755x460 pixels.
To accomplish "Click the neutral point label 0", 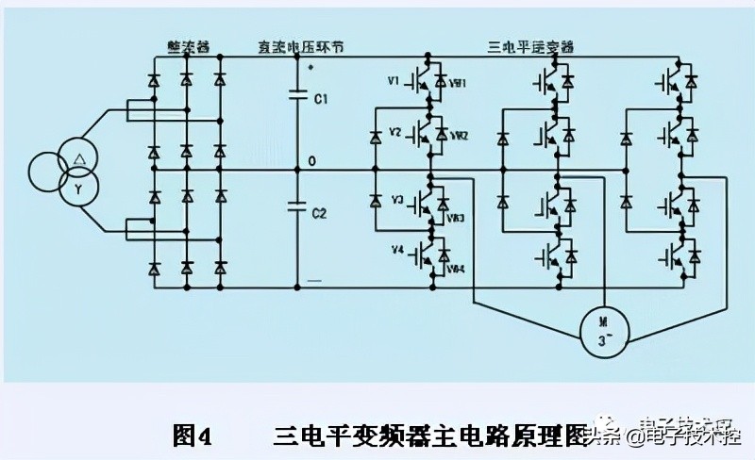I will point(311,162).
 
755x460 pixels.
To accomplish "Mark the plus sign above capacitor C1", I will point(311,67).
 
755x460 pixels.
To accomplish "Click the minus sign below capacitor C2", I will point(314,280).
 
